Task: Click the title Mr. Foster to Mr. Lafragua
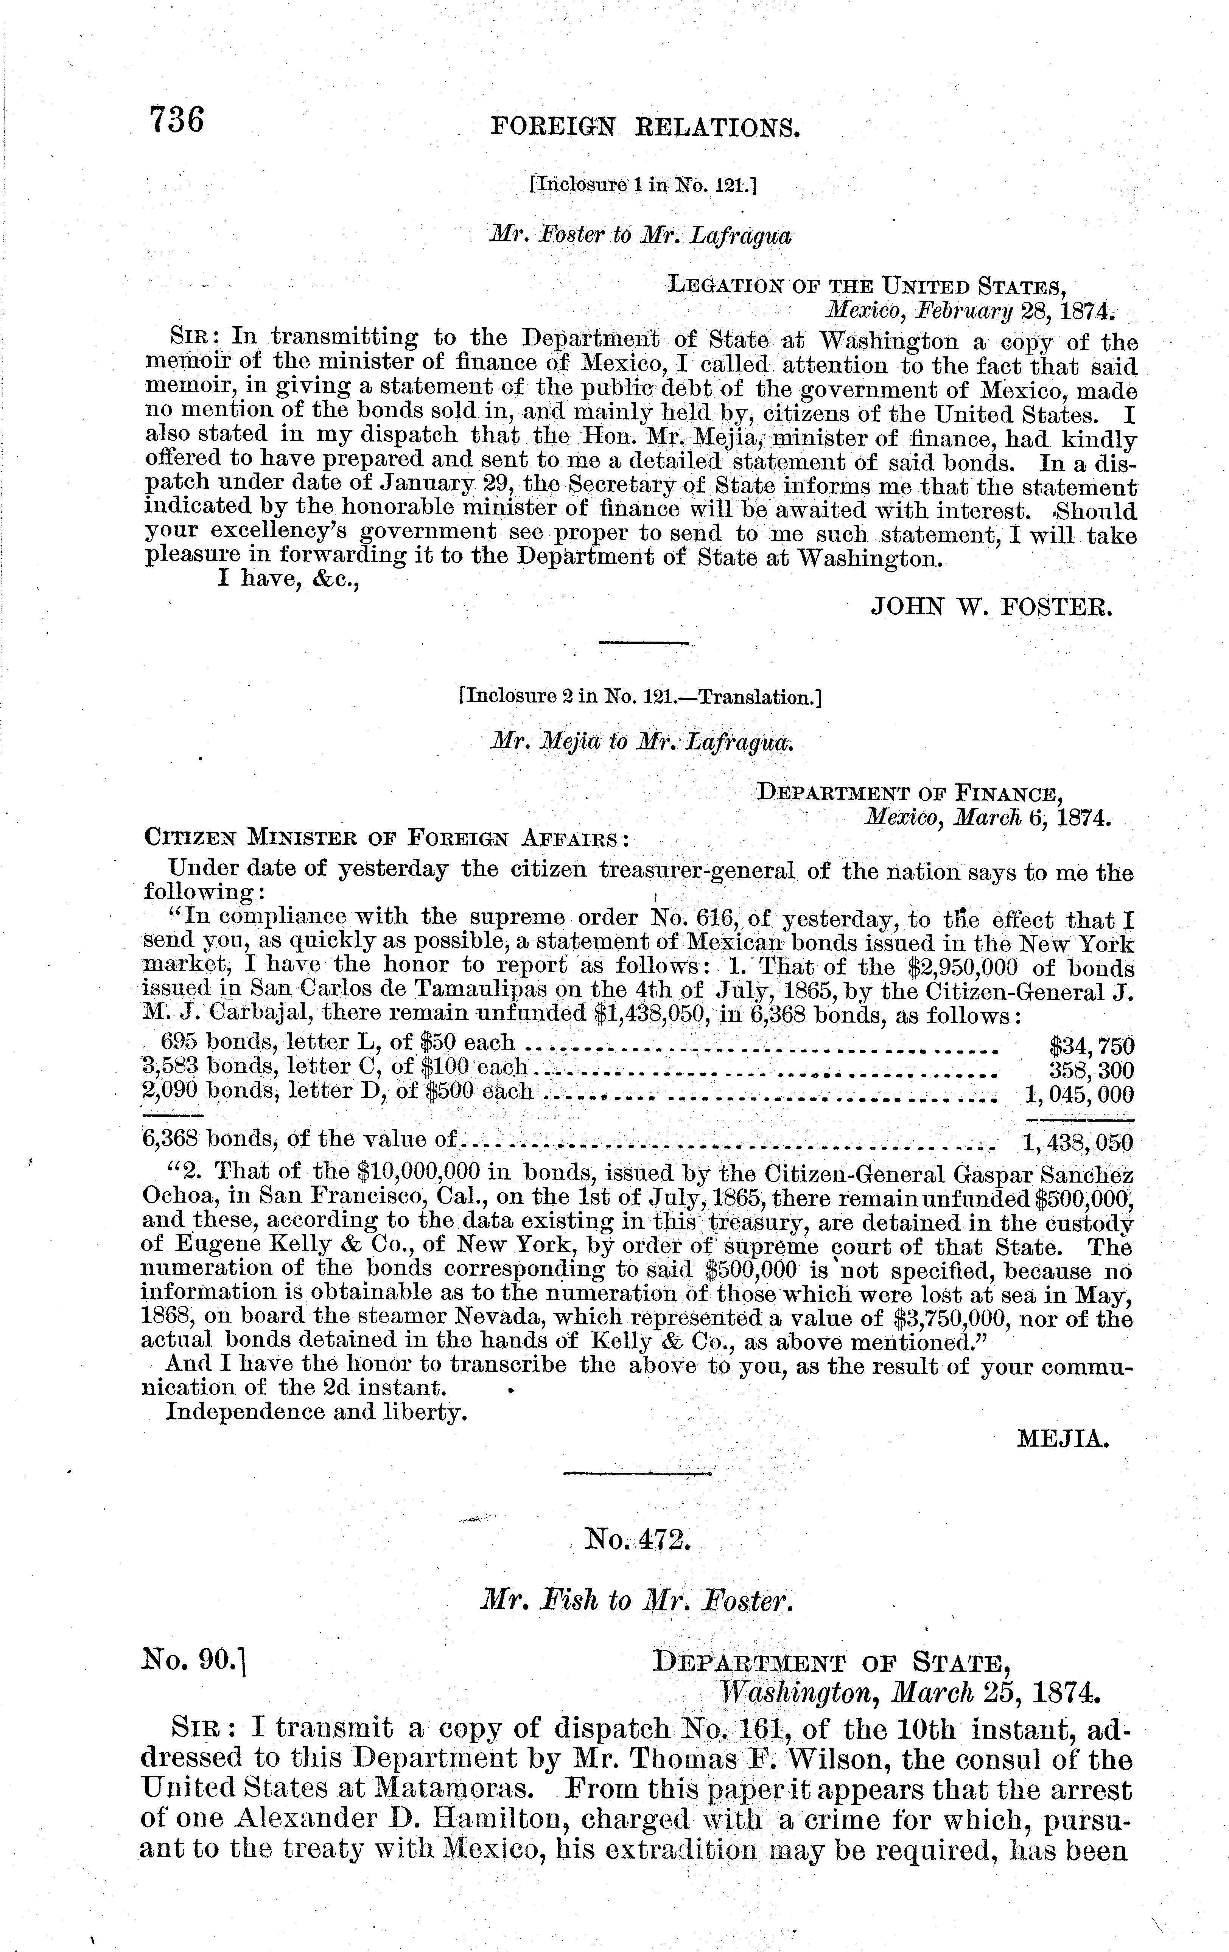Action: [x=639, y=236]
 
